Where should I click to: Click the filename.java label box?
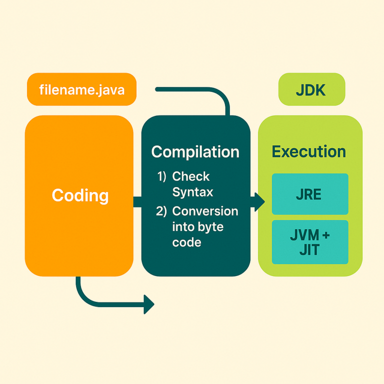pos(81,89)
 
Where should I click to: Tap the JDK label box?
pos(311,89)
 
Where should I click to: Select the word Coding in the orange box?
pos(80,195)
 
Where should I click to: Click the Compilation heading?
pos(195,151)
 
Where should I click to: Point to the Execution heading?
pos(308,151)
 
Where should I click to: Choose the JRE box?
pos(309,194)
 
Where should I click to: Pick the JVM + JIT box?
pos(309,242)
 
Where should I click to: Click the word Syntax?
pos(192,192)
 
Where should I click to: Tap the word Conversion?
pos(205,211)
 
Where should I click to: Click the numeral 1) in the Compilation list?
pos(162,176)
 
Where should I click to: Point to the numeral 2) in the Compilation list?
pos(162,211)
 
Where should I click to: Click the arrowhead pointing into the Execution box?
pos(259,201)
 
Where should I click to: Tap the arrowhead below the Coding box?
pos(148,304)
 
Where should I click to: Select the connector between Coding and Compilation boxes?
pos(137,201)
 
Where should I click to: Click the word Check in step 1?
pos(190,176)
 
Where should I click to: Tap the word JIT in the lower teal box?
pos(309,249)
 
